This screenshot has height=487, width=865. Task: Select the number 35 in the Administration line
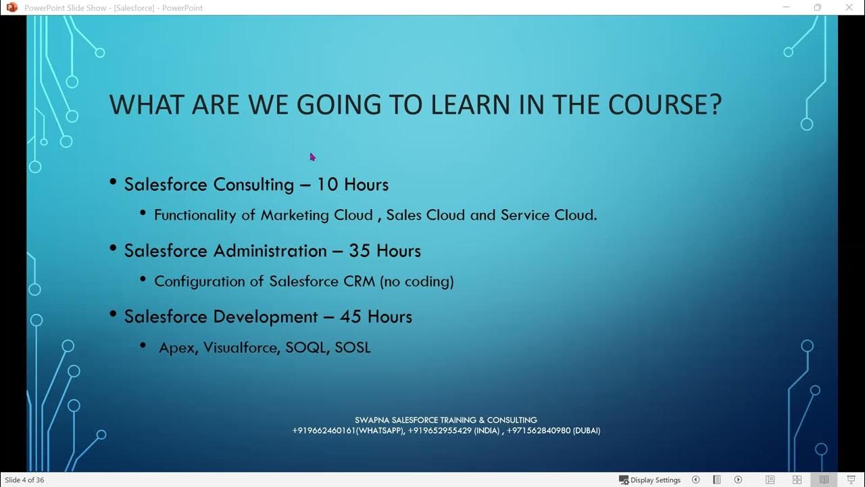click(x=359, y=251)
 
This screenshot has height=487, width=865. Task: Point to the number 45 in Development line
click(x=350, y=317)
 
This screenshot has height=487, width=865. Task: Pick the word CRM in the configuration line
click(x=359, y=281)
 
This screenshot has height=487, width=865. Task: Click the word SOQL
click(x=306, y=348)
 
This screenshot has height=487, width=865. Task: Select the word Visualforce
click(x=240, y=348)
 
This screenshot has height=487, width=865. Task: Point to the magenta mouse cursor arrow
click(x=312, y=156)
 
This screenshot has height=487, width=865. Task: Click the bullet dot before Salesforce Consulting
click(x=113, y=183)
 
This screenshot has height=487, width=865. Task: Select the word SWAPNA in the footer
click(x=372, y=420)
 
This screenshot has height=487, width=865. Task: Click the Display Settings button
click(x=649, y=480)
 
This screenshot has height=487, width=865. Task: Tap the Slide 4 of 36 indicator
click(x=24, y=480)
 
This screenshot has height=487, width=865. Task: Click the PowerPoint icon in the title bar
click(x=11, y=7)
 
